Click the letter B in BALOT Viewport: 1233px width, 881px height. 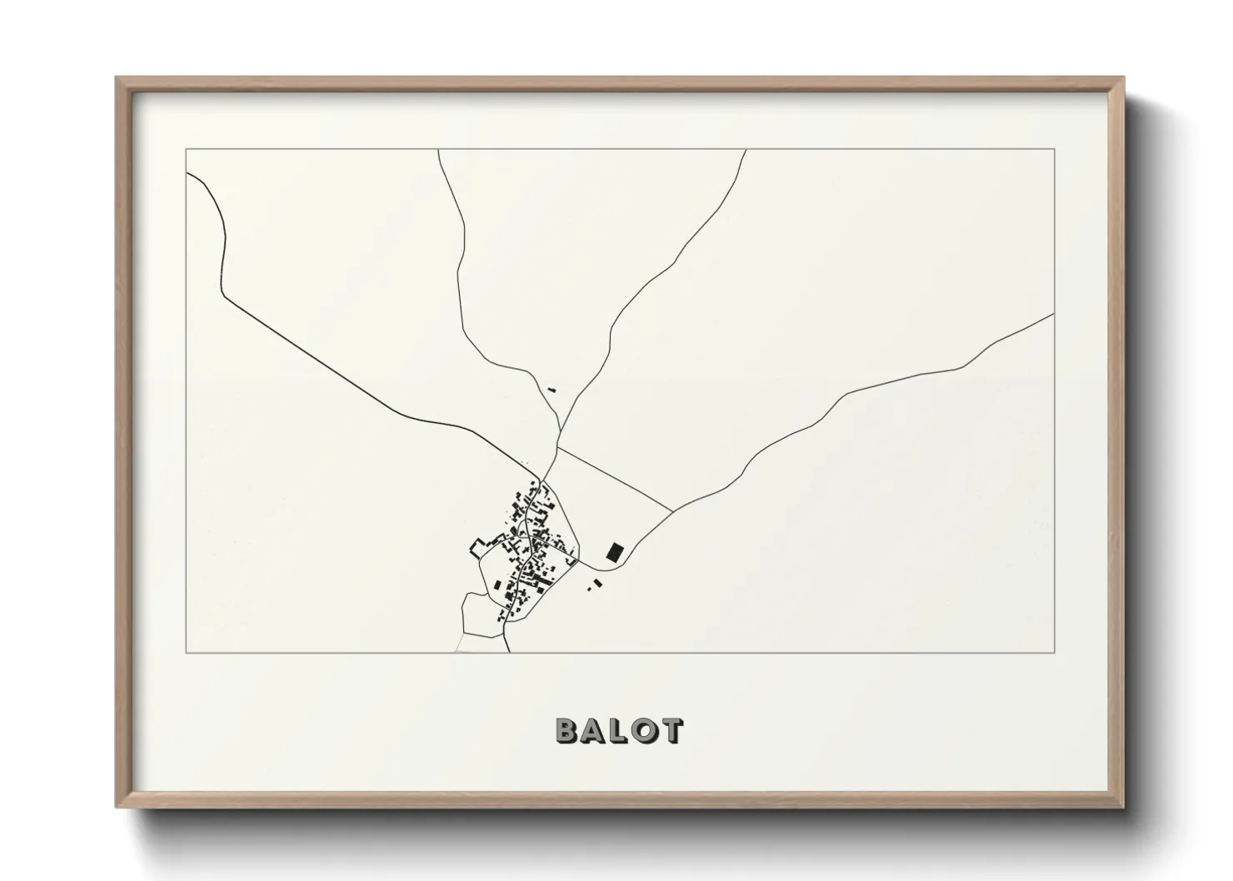coord(567,730)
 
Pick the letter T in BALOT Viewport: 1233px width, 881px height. coord(671,730)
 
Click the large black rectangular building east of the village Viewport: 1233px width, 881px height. coord(615,551)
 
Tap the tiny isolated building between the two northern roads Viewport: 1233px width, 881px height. coord(551,388)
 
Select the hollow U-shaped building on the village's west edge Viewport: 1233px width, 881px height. coord(477,547)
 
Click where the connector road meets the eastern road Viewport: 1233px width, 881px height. coord(671,512)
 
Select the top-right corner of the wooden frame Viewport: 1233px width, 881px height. coord(1122,78)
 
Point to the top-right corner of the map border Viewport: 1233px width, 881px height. coord(1054,149)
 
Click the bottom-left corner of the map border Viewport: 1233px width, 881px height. coord(186,652)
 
